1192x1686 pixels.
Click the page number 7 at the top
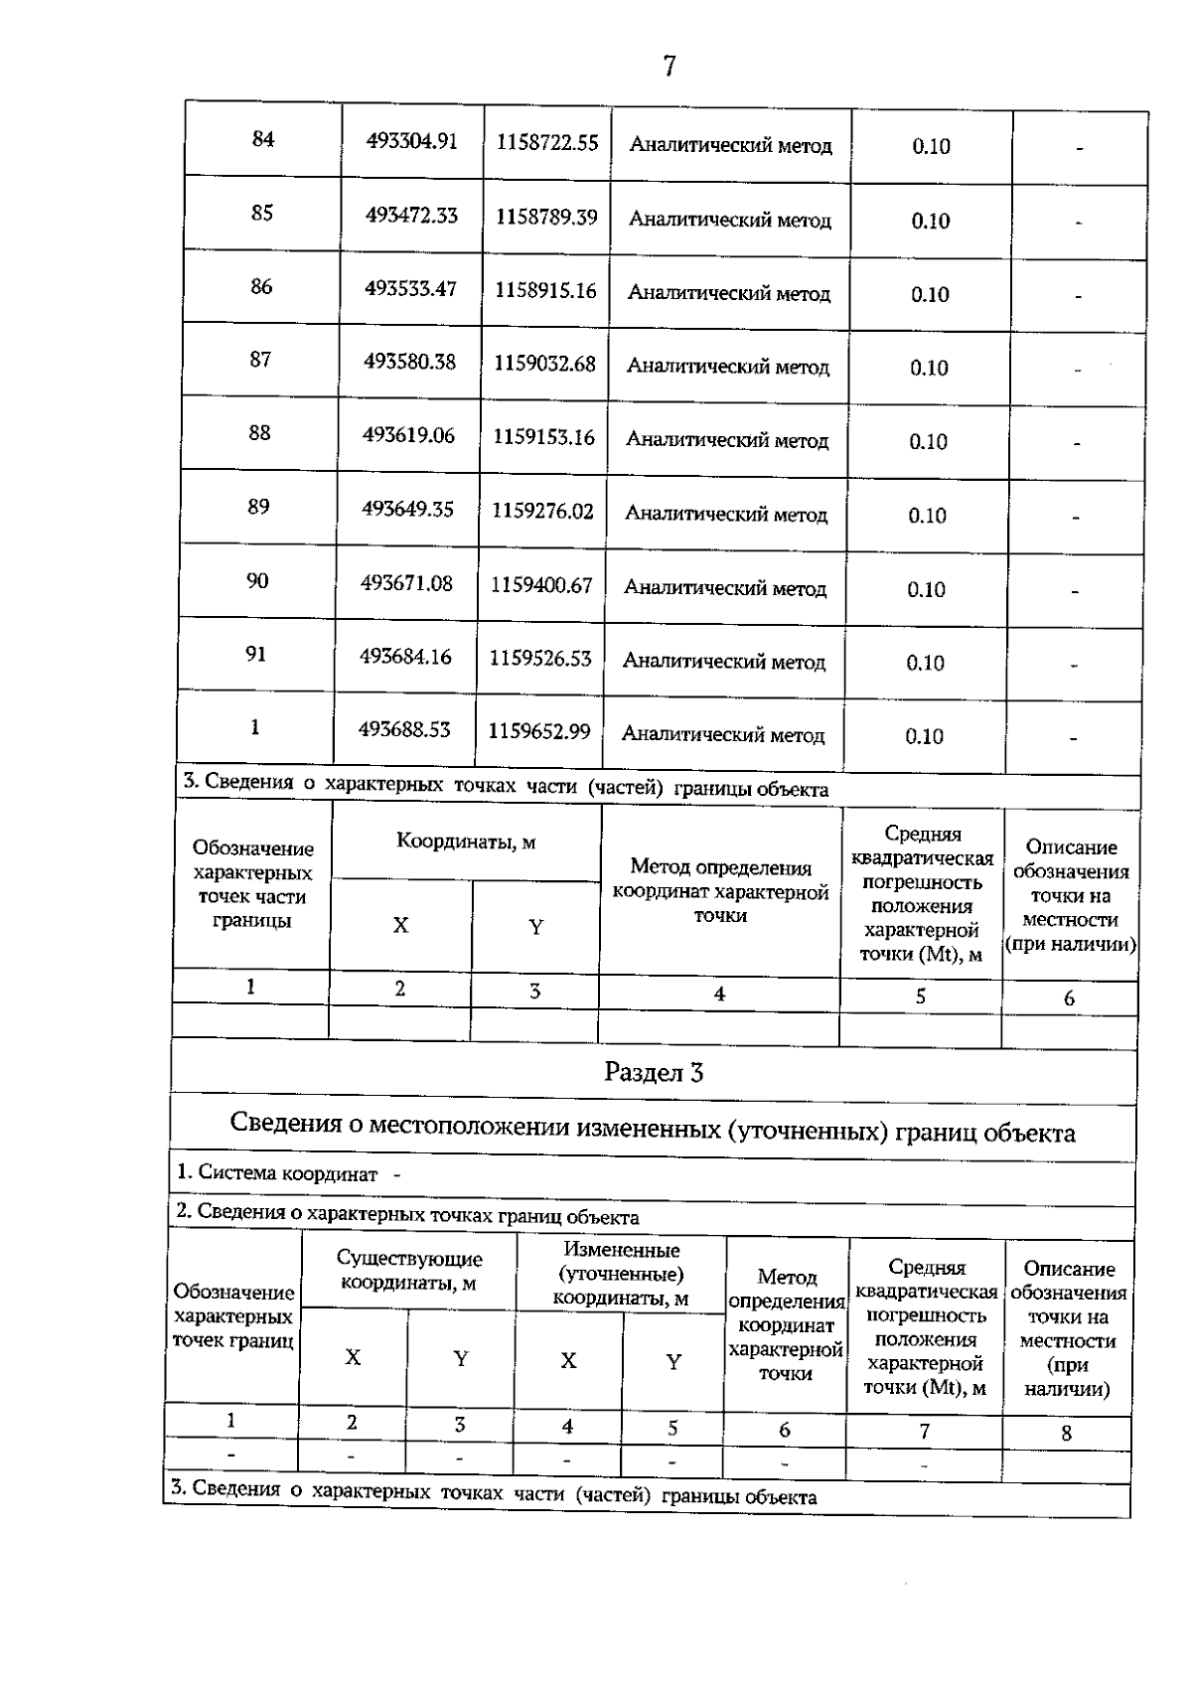pos(669,66)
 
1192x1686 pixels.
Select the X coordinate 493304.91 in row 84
pos(411,141)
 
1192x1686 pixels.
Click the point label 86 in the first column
pos(260,286)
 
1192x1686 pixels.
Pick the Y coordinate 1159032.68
pos(544,364)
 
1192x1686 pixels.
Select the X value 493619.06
pos(408,435)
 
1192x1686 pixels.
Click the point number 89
pos(258,507)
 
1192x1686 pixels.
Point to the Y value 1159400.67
pos(541,585)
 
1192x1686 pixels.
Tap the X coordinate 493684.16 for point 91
pos(405,657)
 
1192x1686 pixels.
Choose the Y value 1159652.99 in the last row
pos(539,731)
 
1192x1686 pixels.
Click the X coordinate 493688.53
pos(404,729)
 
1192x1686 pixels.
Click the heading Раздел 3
pos(654,1072)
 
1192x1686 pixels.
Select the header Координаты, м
pos(466,842)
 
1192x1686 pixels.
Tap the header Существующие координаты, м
pos(409,1271)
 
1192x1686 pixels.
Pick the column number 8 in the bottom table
pos(1067,1433)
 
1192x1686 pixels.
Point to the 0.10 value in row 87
pos(929,368)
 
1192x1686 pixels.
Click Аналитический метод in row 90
pos(725,588)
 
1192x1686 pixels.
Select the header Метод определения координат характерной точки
pos(720,891)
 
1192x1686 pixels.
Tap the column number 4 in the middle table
pos(719,994)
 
